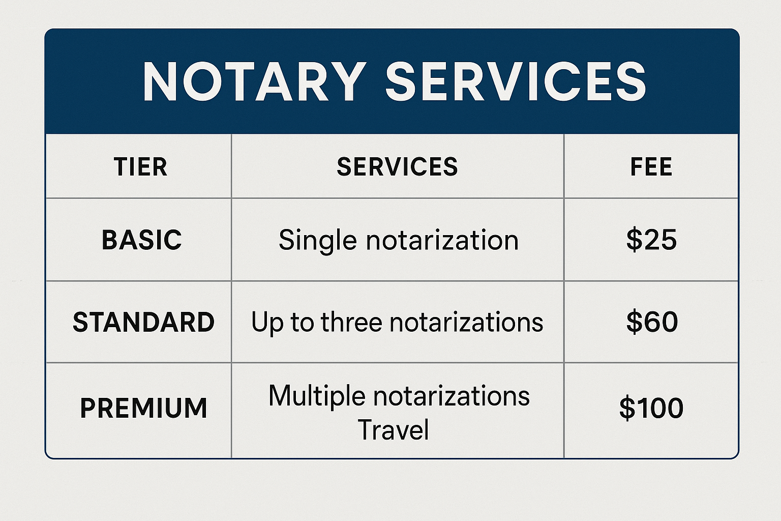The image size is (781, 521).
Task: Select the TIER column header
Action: pos(140,167)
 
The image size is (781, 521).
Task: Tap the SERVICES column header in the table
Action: pos(397,167)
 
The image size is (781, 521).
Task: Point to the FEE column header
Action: pos(651,167)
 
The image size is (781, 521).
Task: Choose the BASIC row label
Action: pos(141,240)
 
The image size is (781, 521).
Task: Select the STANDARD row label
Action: pos(143,322)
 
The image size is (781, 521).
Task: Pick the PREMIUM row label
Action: pos(143,408)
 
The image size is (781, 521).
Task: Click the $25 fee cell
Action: pos(651,240)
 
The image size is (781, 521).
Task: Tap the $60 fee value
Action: pos(652,322)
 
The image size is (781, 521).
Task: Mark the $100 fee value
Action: pos(651,408)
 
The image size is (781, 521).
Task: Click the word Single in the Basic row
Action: pos(317,241)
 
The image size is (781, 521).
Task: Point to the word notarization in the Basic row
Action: pos(442,240)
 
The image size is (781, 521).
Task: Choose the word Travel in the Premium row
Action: pos(393,430)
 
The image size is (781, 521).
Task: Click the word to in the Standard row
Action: pos(302,322)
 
